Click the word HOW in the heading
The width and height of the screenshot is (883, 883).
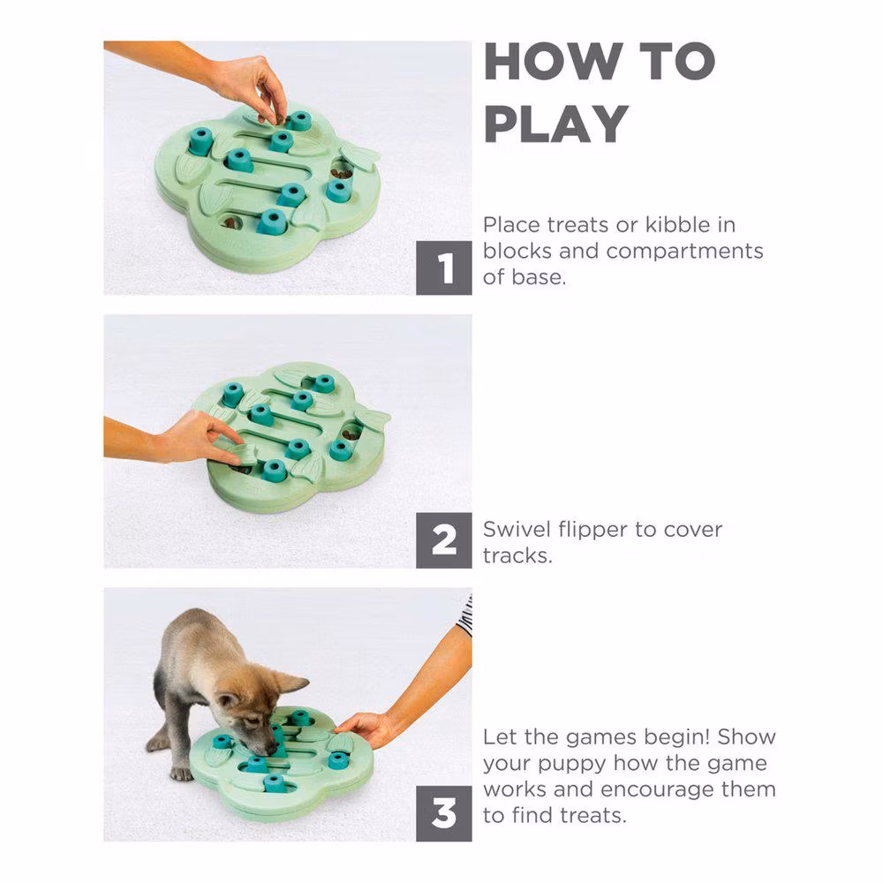[555, 62]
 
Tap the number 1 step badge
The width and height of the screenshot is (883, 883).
[444, 268]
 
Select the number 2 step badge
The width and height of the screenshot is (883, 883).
[444, 540]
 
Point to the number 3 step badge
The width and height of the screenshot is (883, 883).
[444, 814]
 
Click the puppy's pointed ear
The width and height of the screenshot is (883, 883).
[290, 683]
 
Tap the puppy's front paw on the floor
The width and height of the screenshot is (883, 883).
[181, 774]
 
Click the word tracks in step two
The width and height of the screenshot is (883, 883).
[517, 555]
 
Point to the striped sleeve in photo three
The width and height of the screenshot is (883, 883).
[465, 615]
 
